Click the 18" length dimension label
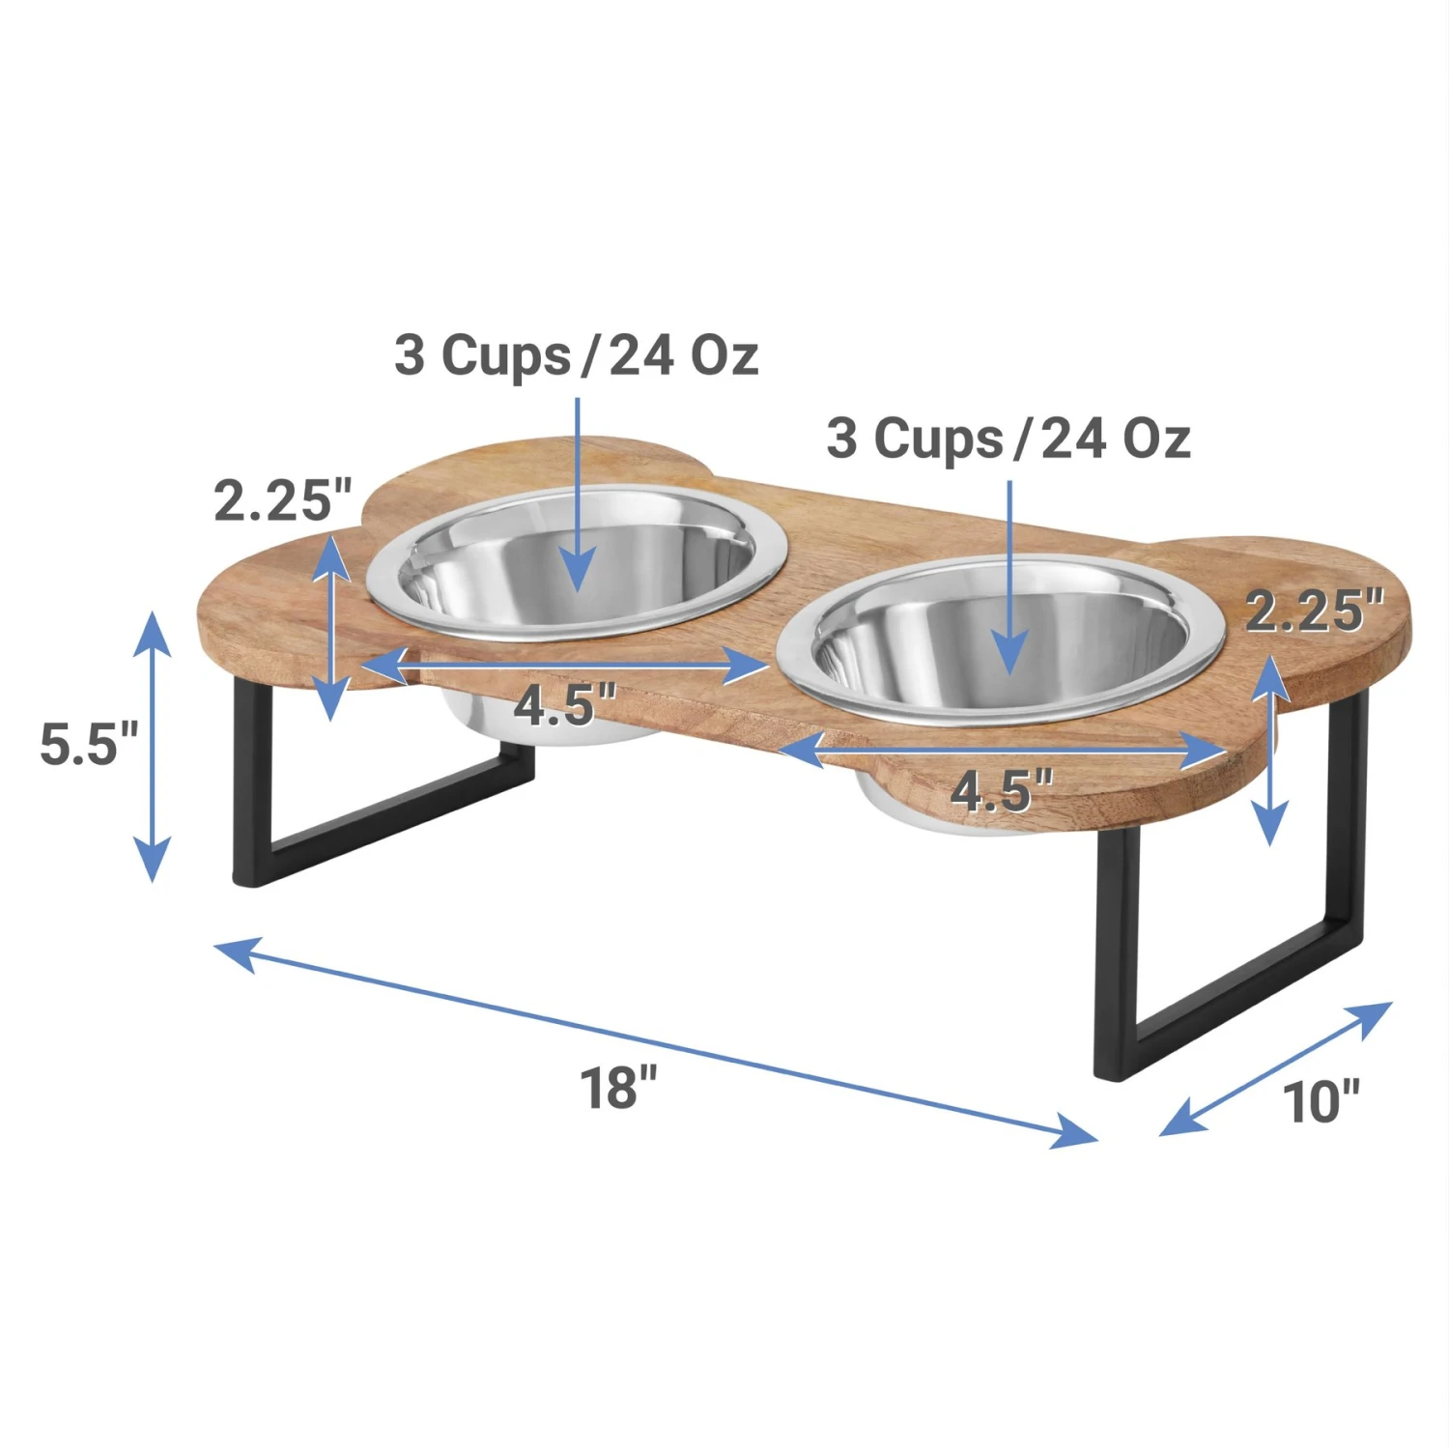coord(618,1088)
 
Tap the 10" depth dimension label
coord(1321,1101)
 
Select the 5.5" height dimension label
coord(89,744)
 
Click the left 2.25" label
coord(283,500)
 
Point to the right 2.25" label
coord(1314,611)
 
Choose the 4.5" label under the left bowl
coord(564,705)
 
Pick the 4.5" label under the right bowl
coord(1001,790)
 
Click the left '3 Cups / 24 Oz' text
coord(576,355)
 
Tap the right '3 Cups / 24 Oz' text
coord(1008,439)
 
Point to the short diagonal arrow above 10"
coord(1275,1068)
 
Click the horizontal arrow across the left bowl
coord(565,666)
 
